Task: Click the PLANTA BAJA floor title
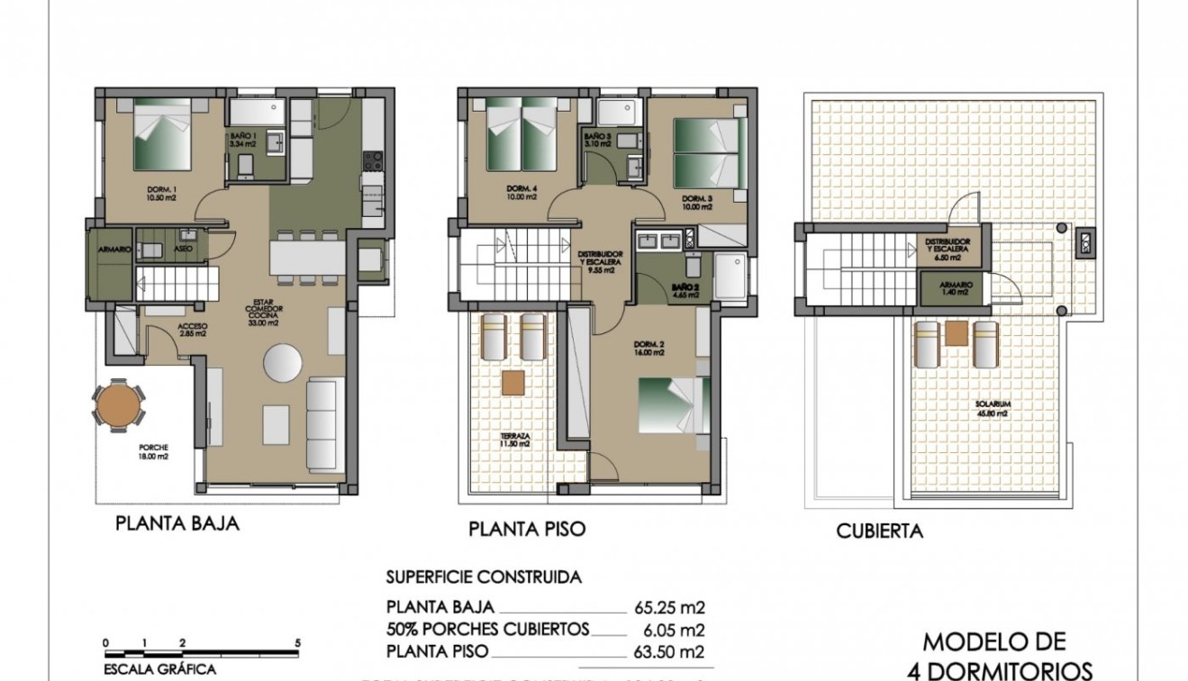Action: (x=177, y=523)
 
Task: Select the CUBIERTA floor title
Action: (x=879, y=531)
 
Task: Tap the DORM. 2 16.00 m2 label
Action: (x=649, y=349)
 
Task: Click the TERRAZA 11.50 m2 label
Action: (x=515, y=440)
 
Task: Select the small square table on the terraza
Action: (x=513, y=383)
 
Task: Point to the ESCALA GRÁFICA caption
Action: (x=160, y=669)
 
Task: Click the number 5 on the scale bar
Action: (x=297, y=643)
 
